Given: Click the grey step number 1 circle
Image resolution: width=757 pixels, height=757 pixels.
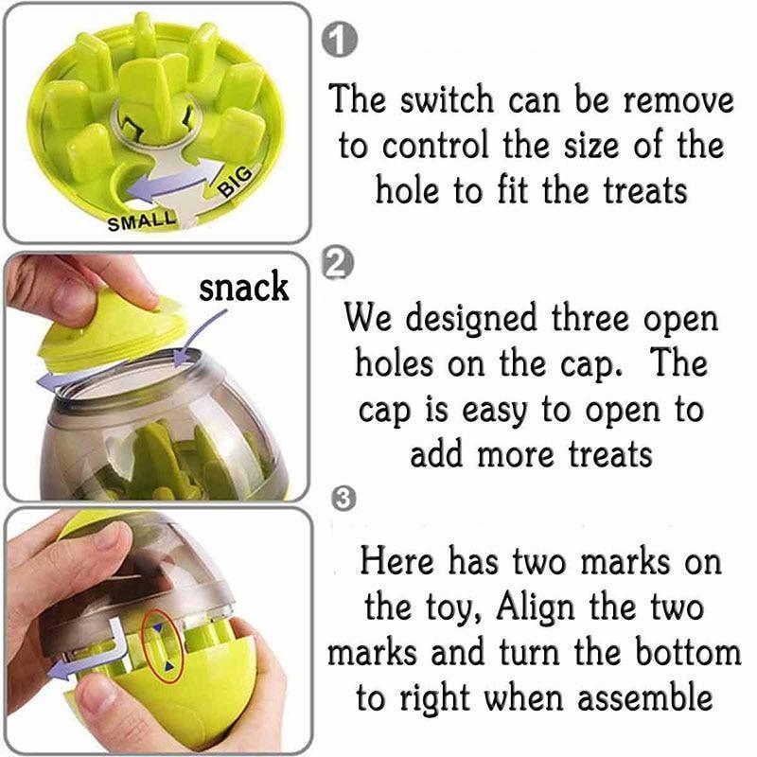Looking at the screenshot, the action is pyautogui.click(x=340, y=41).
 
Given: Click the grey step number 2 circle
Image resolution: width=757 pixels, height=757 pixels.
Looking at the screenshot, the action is pyautogui.click(x=337, y=264).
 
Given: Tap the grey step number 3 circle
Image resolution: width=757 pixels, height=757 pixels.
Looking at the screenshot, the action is pyautogui.click(x=344, y=500).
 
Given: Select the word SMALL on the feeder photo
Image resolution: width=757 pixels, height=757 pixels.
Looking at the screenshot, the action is pyautogui.click(x=142, y=221).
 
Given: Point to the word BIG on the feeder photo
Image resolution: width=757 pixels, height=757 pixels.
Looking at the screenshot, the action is pyautogui.click(x=236, y=181).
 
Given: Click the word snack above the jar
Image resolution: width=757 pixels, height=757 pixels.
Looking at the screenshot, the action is pyautogui.click(x=243, y=287).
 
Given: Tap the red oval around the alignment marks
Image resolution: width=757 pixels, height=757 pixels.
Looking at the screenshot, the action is pyautogui.click(x=163, y=646).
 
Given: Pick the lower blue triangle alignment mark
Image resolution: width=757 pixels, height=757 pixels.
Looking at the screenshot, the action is pyautogui.click(x=168, y=666).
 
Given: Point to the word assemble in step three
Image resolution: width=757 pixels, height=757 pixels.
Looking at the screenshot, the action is pyautogui.click(x=644, y=697).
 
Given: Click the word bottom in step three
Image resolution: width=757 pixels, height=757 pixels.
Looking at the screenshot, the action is pyautogui.click(x=688, y=651).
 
